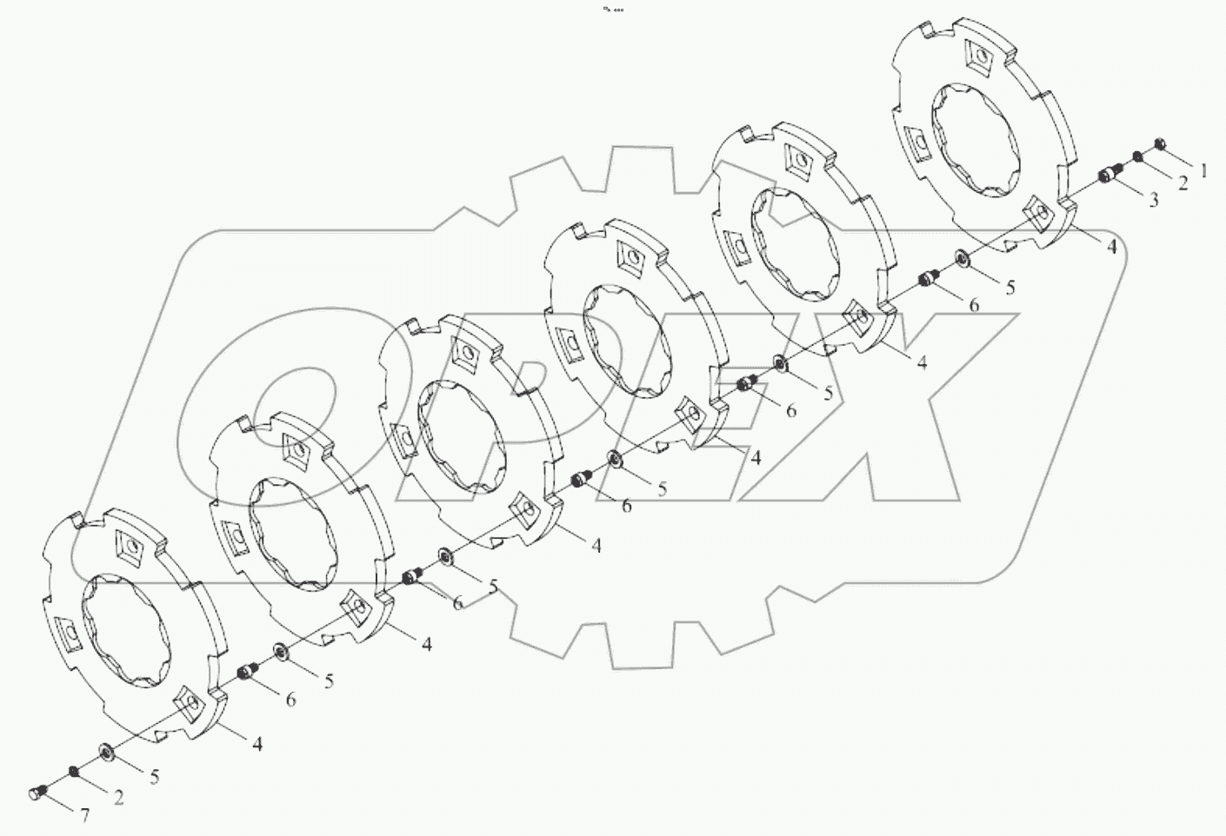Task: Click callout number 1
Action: (x=1203, y=171)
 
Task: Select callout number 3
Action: (x=1154, y=201)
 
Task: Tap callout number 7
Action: (x=85, y=816)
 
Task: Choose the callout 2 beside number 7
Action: (x=118, y=798)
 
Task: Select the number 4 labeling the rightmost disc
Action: (x=1110, y=247)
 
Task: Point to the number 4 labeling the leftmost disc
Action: (x=257, y=743)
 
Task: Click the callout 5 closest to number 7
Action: (x=154, y=776)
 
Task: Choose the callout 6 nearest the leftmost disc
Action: (x=290, y=699)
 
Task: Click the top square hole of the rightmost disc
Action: (x=977, y=59)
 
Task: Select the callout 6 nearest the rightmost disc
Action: (x=973, y=304)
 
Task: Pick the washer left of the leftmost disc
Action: (x=105, y=750)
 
